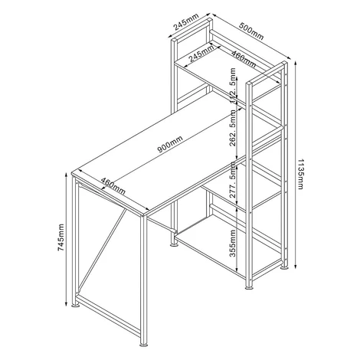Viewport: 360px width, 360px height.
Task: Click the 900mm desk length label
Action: click(170, 144)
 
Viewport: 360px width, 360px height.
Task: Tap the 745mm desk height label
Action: click(61, 237)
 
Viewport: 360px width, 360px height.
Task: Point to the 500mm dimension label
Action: click(251, 31)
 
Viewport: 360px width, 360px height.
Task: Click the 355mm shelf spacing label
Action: click(232, 244)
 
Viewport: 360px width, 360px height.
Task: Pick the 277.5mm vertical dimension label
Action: click(232, 180)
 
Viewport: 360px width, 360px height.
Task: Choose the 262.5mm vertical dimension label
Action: click(232, 128)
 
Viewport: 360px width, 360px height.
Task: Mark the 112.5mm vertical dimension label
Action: click(232, 86)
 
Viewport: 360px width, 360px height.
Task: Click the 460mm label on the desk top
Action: click(113, 186)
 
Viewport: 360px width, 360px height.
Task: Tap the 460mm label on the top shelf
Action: click(244, 59)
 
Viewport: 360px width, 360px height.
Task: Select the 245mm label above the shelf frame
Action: click(185, 21)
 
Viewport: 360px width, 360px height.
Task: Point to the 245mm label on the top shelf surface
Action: click(201, 54)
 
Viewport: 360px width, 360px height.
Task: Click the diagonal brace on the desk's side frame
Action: click(103, 250)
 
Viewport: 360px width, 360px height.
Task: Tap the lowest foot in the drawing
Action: click(144, 345)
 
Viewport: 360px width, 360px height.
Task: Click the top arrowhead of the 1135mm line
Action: click(296, 64)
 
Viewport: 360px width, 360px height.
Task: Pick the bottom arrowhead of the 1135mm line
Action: click(296, 266)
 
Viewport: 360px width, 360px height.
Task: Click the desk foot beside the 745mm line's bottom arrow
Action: click(75, 305)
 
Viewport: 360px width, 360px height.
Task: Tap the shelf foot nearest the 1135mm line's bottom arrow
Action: click(284, 267)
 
